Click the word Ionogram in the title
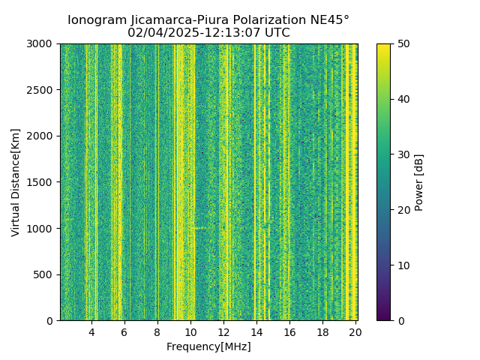(x=95, y=20)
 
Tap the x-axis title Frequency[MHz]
(x=208, y=346)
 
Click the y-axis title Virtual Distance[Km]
(x=16, y=182)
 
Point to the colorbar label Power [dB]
(x=419, y=182)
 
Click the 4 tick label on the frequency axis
(x=91, y=331)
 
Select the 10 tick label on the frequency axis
(x=190, y=331)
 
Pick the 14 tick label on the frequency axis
(x=256, y=331)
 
